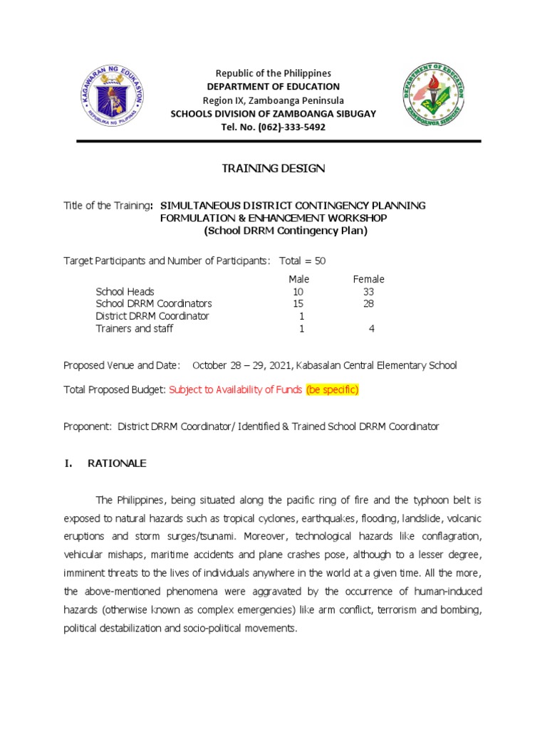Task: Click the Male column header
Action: point(298,279)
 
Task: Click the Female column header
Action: point(368,279)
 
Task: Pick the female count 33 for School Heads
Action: point(368,292)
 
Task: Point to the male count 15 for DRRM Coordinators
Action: point(298,304)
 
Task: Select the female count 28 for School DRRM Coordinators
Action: point(368,304)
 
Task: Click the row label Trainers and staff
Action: point(135,329)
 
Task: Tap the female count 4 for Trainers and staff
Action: point(371,329)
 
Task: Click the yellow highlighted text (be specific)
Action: point(333,389)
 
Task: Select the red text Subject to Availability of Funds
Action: point(236,389)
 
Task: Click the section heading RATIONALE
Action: point(117,463)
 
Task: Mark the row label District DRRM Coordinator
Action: point(152,316)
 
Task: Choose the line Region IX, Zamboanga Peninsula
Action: point(273,100)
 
